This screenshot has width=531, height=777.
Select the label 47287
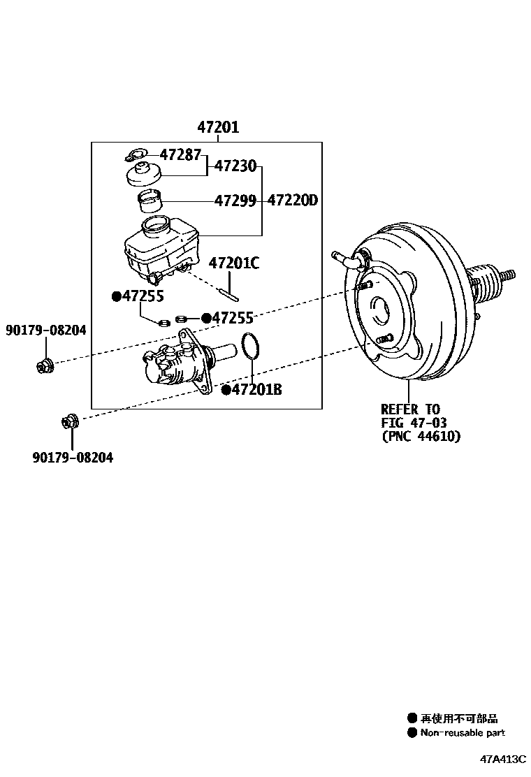[180, 154]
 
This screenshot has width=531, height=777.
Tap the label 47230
[235, 166]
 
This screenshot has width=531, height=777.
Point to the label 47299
[235, 201]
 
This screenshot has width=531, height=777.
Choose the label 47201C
[234, 263]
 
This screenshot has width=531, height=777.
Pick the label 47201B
[256, 389]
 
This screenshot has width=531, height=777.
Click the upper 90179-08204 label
[46, 330]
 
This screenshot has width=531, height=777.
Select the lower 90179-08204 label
[72, 458]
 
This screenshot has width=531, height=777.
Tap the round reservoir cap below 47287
[143, 173]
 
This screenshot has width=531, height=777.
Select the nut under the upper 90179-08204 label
[44, 364]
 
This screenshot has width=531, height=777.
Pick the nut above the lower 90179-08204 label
[71, 421]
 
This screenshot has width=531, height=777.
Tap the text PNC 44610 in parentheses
[421, 437]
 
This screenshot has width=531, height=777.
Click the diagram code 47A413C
[502, 760]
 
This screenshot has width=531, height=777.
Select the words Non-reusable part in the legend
[462, 733]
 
